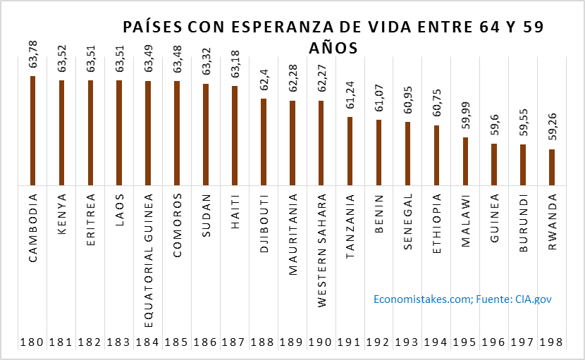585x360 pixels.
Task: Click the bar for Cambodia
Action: tap(33, 131)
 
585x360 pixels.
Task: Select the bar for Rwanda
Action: tap(552, 168)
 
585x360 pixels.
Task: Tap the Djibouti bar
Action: tap(264, 142)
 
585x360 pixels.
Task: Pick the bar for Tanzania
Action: tap(350, 151)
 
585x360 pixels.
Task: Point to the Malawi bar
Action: tap(465, 161)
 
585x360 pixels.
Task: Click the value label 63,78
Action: tap(33, 56)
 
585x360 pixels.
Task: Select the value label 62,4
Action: tap(264, 82)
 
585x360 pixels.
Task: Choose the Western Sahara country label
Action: tap(321, 250)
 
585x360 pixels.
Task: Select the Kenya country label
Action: tap(62, 211)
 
